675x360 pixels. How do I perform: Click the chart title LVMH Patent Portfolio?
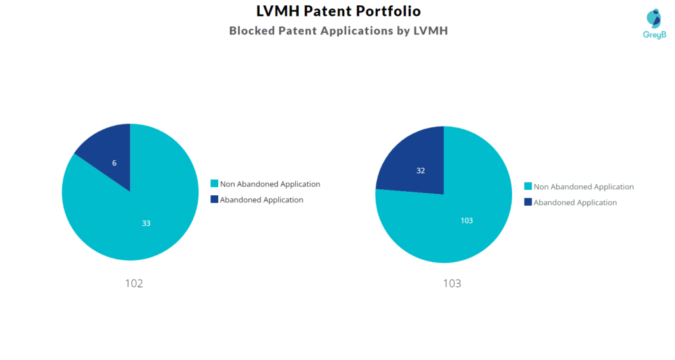point(338,11)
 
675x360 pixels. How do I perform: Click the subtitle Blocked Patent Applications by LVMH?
point(338,30)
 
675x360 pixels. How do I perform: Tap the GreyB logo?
point(654,24)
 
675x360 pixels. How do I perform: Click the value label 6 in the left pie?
point(114,162)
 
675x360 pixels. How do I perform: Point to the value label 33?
point(146,224)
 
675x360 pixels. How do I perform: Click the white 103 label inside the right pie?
point(467,220)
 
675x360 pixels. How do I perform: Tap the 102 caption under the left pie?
point(134,284)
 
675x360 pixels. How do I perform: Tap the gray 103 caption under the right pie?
point(452,284)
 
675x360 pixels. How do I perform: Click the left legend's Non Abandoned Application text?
point(270,184)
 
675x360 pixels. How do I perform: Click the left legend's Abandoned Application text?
point(262,200)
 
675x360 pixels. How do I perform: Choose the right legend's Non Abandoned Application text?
point(584,187)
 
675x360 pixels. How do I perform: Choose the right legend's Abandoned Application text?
point(575,202)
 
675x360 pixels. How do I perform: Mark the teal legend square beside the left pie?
point(214,184)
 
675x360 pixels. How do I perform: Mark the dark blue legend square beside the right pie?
point(528,202)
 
